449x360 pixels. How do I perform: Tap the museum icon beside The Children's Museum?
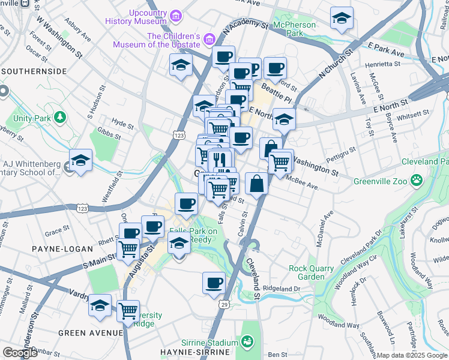209,40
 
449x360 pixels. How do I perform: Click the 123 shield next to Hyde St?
178,137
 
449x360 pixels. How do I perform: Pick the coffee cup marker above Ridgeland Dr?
213,283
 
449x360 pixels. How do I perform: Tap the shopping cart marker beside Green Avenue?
128,311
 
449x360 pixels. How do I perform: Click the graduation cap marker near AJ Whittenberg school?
80,160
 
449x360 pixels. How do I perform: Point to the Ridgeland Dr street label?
281,289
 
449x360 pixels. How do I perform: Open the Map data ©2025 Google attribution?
411,355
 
